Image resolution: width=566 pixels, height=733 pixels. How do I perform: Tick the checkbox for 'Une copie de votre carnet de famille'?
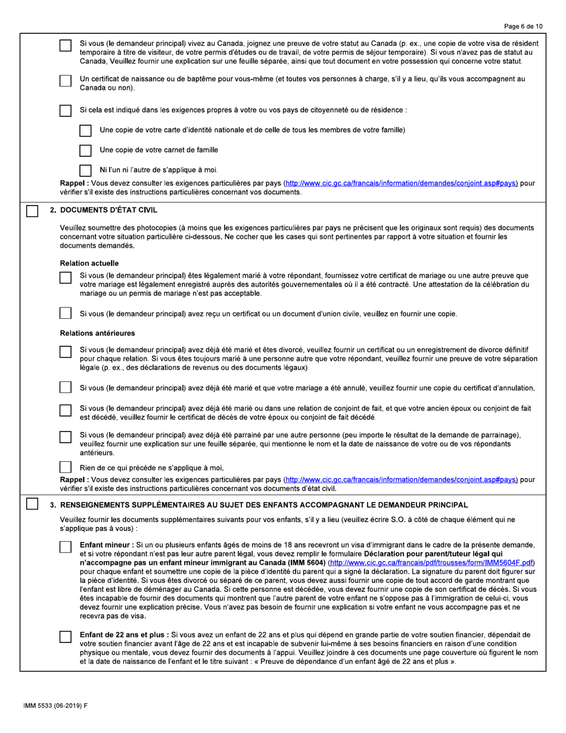point(86,150)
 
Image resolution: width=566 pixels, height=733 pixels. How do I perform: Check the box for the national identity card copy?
point(86,131)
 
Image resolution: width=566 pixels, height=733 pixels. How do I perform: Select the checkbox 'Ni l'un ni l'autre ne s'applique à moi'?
point(86,169)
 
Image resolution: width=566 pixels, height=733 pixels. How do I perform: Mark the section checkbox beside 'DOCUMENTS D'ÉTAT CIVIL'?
point(32,210)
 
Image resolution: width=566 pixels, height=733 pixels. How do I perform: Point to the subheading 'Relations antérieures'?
point(98,333)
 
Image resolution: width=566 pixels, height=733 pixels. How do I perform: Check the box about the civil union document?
point(66,313)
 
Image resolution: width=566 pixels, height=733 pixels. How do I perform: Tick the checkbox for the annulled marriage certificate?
point(66,388)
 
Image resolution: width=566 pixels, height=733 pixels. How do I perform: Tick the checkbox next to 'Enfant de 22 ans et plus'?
point(66,637)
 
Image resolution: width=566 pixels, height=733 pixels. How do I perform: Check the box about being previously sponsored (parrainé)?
point(66,437)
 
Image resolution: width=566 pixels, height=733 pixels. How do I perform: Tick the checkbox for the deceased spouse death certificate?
point(66,411)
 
